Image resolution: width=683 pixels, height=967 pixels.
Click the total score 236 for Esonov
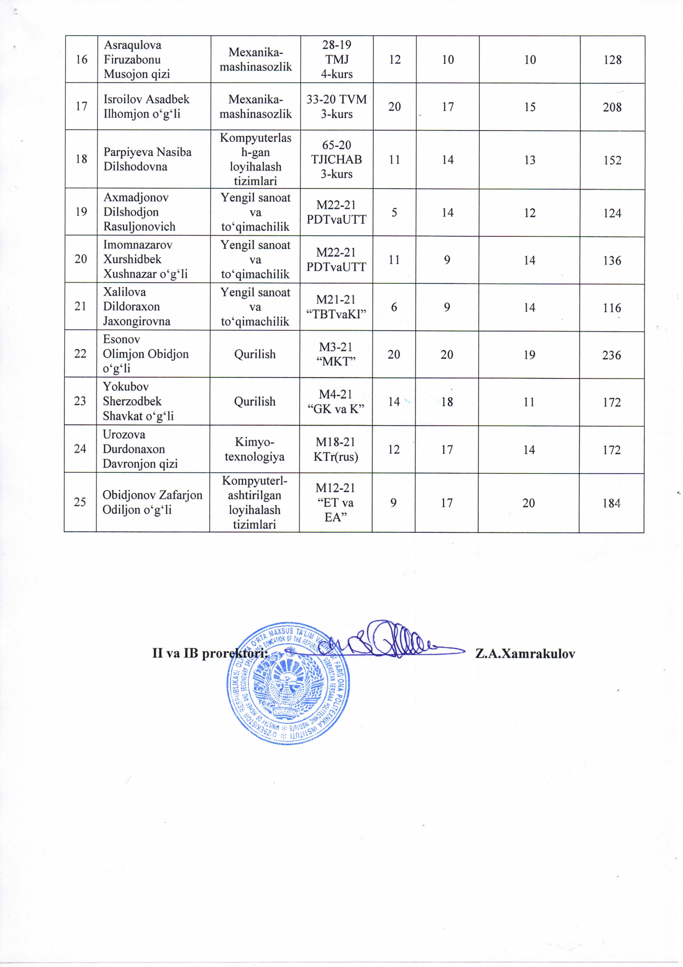click(x=611, y=355)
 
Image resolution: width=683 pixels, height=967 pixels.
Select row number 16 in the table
click(x=81, y=59)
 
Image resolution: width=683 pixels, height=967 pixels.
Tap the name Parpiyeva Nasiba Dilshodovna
click(x=147, y=159)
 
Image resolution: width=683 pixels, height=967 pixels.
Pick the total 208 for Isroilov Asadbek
click(x=612, y=107)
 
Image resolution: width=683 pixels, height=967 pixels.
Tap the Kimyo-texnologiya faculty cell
click(x=255, y=449)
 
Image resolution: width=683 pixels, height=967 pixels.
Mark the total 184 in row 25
click(x=611, y=503)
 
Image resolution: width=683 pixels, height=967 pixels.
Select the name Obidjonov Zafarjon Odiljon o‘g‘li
click(x=152, y=502)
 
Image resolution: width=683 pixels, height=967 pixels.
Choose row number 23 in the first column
click(x=80, y=401)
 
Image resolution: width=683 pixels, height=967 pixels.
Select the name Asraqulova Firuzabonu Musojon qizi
click(x=137, y=59)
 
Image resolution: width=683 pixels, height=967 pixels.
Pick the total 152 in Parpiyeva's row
click(x=612, y=160)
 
